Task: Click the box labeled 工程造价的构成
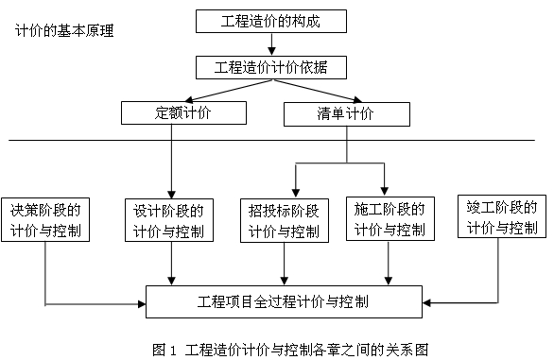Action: click(x=269, y=21)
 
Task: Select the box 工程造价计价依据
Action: click(x=269, y=67)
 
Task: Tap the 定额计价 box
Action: click(x=183, y=113)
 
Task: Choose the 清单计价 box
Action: click(x=346, y=113)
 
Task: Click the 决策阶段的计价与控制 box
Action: click(x=45, y=219)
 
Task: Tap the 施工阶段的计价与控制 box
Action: click(x=388, y=219)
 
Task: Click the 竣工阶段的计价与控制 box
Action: click(x=502, y=216)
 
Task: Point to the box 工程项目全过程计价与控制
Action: click(x=283, y=303)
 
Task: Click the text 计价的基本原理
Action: click(x=64, y=31)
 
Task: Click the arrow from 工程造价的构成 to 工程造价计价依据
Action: click(x=269, y=44)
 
